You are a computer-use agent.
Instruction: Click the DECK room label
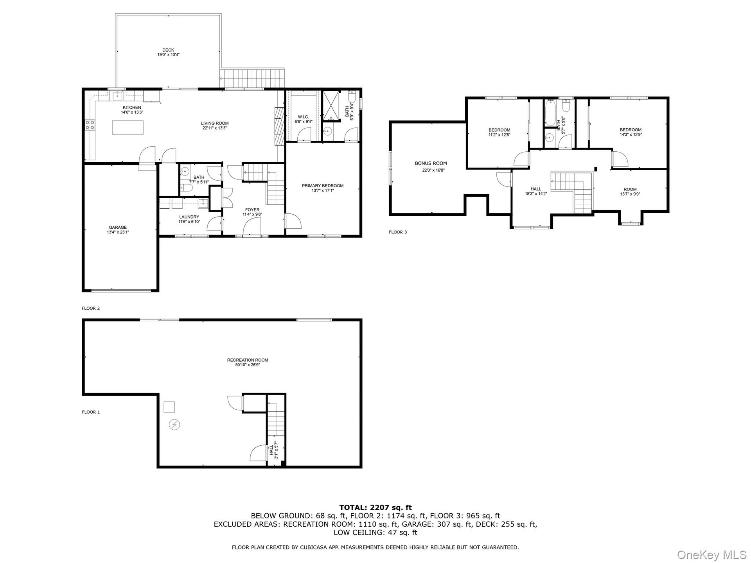[168, 50]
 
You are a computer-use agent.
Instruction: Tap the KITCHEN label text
[132, 108]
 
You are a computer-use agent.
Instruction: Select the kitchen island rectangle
[128, 127]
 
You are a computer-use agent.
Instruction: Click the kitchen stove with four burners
[90, 125]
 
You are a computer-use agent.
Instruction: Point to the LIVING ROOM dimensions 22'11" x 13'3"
[215, 128]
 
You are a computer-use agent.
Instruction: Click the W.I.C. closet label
[304, 117]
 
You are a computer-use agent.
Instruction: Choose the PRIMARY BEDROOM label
[323, 186]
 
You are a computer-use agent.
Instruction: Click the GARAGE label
[118, 228]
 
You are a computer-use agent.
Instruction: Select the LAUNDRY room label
[189, 217]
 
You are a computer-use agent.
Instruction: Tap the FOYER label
[252, 210]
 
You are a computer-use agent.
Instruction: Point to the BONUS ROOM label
[431, 163]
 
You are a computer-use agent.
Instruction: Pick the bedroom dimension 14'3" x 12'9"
[631, 134]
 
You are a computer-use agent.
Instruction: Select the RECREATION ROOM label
[248, 360]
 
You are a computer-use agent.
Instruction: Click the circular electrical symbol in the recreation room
[174, 425]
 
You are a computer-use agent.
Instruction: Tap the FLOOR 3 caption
[398, 232]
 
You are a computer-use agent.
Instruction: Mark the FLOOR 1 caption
[91, 412]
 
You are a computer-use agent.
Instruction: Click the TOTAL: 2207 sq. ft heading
[375, 507]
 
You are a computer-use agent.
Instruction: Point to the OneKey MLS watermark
[712, 554]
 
